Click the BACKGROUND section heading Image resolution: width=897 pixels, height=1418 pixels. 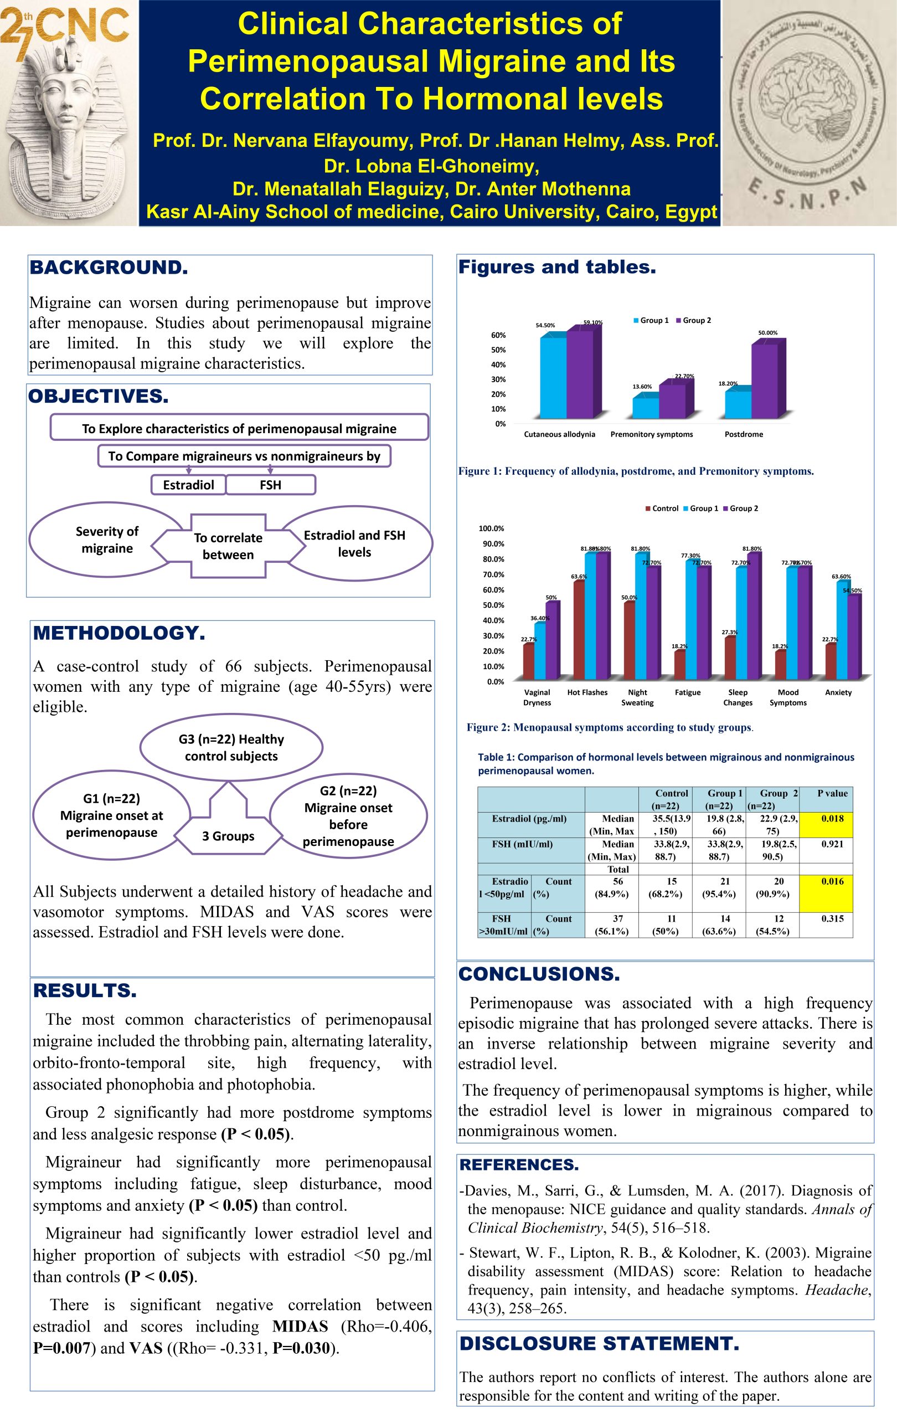(x=109, y=268)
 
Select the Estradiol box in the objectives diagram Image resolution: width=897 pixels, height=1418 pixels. (x=188, y=485)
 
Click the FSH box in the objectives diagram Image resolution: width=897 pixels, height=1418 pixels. (x=271, y=485)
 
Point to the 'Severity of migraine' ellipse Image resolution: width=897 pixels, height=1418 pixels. (x=106, y=540)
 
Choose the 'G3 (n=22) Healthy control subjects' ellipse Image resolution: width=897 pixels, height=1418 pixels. (x=231, y=747)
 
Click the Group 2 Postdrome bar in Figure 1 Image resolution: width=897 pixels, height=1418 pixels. (x=765, y=381)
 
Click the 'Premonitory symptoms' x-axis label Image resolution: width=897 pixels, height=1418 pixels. (x=652, y=434)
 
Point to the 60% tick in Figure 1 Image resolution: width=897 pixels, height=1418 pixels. (x=498, y=335)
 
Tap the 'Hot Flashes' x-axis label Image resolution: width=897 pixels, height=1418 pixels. (x=587, y=692)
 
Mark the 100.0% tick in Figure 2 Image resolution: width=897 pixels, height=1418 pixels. (x=491, y=528)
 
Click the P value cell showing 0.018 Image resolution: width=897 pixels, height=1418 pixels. (x=832, y=819)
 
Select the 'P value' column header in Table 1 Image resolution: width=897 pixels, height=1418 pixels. (x=832, y=793)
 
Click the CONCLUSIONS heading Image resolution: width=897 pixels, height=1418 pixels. (x=539, y=974)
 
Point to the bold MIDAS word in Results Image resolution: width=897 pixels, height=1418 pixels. (x=300, y=1326)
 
